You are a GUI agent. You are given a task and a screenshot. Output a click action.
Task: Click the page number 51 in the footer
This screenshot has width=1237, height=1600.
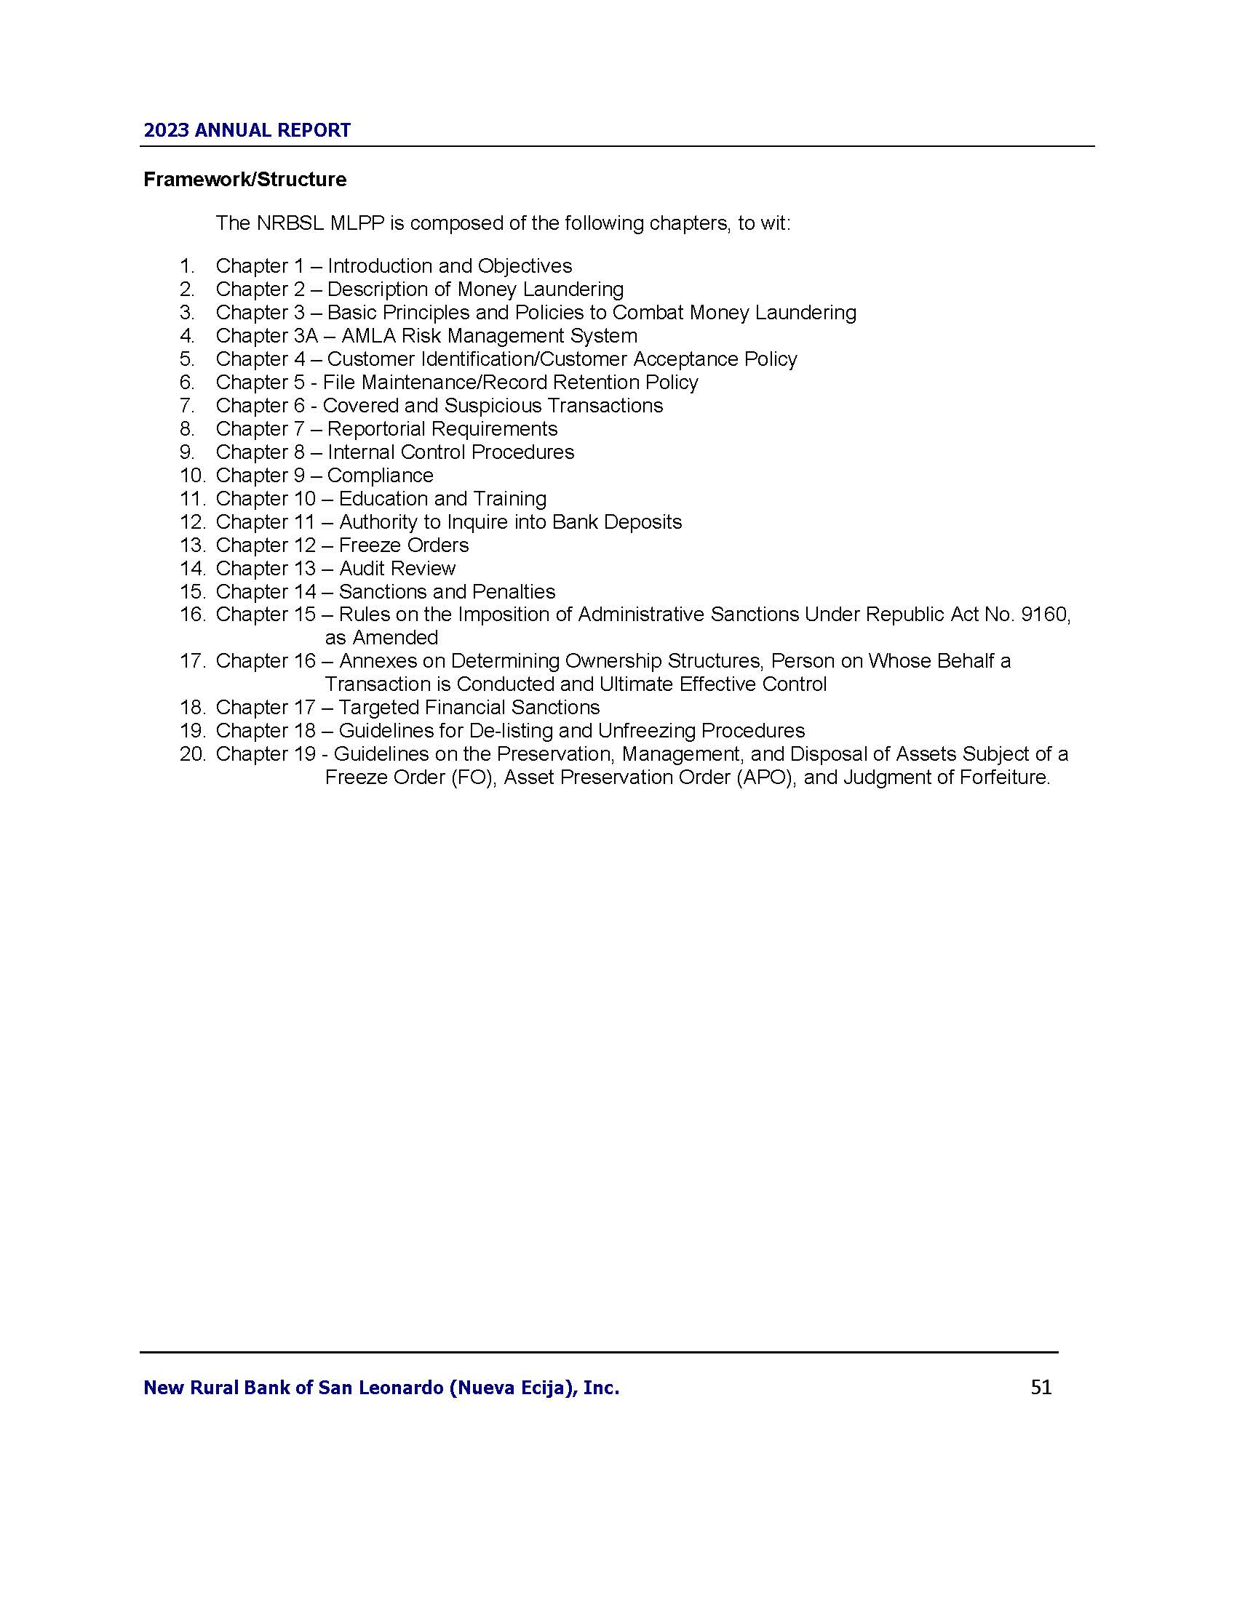click(1041, 1387)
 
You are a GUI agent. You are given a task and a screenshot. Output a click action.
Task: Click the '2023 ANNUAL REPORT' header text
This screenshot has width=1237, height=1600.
click(247, 130)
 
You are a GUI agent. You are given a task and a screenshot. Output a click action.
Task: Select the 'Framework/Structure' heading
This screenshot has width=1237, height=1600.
click(244, 180)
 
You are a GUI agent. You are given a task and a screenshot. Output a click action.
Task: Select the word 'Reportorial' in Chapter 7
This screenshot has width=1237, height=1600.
click(380, 428)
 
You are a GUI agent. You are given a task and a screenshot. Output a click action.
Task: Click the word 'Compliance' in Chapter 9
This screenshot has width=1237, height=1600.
click(381, 476)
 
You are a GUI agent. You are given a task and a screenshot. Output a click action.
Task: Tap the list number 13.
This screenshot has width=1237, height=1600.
click(193, 545)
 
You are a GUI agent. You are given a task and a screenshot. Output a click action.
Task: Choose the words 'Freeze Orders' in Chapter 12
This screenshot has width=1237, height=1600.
click(404, 545)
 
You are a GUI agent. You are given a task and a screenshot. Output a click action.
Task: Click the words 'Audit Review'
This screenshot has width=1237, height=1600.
click(397, 569)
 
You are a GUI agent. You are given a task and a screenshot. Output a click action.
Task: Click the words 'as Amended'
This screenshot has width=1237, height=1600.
click(381, 637)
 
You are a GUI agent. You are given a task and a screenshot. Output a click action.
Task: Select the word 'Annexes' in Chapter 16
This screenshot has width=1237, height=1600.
click(374, 661)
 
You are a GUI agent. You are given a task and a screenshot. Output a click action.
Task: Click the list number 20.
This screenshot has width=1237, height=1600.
click(193, 754)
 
